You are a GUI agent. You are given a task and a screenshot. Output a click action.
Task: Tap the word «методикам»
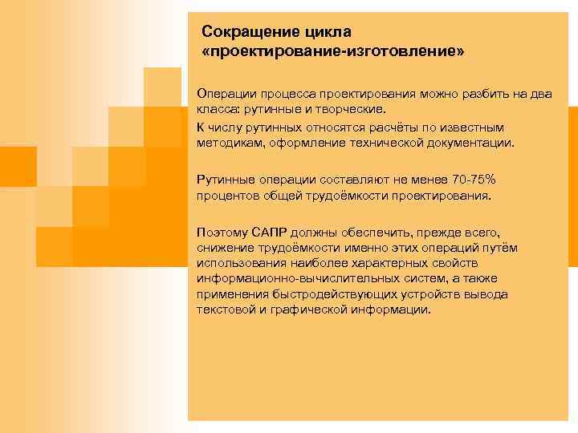point(228,142)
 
